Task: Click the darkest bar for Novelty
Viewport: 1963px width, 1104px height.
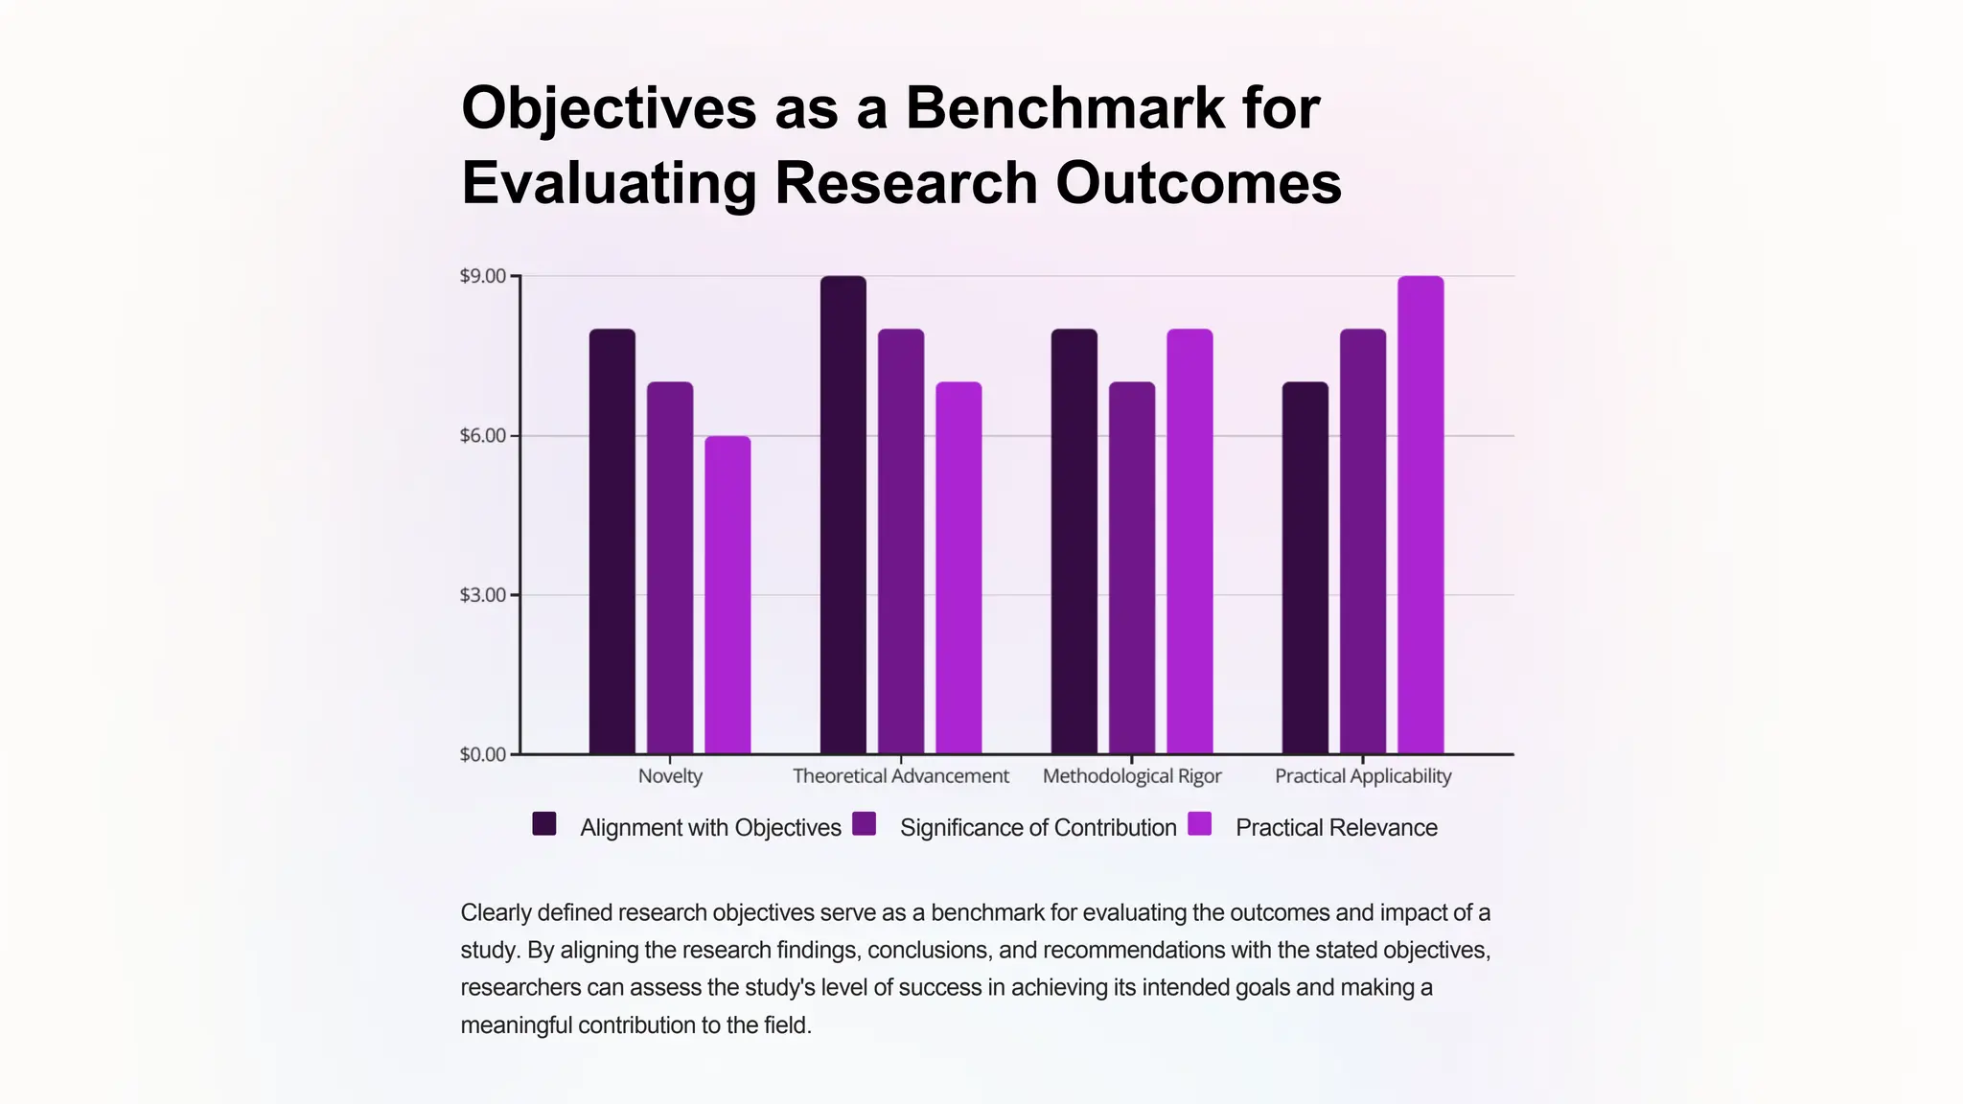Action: (x=612, y=541)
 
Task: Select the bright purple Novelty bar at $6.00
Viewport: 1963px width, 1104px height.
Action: (x=727, y=595)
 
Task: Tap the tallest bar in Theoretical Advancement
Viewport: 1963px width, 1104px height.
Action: (x=843, y=515)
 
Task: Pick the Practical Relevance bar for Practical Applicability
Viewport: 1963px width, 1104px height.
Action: (x=1420, y=515)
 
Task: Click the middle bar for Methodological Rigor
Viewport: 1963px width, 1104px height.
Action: (x=1132, y=568)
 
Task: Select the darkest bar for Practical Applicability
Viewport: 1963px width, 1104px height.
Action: (x=1305, y=568)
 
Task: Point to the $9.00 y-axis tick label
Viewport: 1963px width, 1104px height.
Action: (x=483, y=276)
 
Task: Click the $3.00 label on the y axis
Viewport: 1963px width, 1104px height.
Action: (x=483, y=595)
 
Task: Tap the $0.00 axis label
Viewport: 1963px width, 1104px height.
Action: (x=483, y=754)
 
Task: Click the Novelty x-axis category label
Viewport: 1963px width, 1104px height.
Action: (x=670, y=776)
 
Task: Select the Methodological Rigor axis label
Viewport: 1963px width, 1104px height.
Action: (x=1132, y=776)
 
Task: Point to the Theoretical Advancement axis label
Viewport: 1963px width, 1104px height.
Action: (x=901, y=776)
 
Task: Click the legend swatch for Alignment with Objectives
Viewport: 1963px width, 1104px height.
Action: (x=544, y=824)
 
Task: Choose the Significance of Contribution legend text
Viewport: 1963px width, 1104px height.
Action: (x=1038, y=828)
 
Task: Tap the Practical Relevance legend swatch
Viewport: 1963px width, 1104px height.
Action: (x=1200, y=824)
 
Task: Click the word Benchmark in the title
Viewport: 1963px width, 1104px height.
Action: (x=1064, y=107)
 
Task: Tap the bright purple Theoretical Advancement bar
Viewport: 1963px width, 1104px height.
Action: (x=958, y=568)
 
